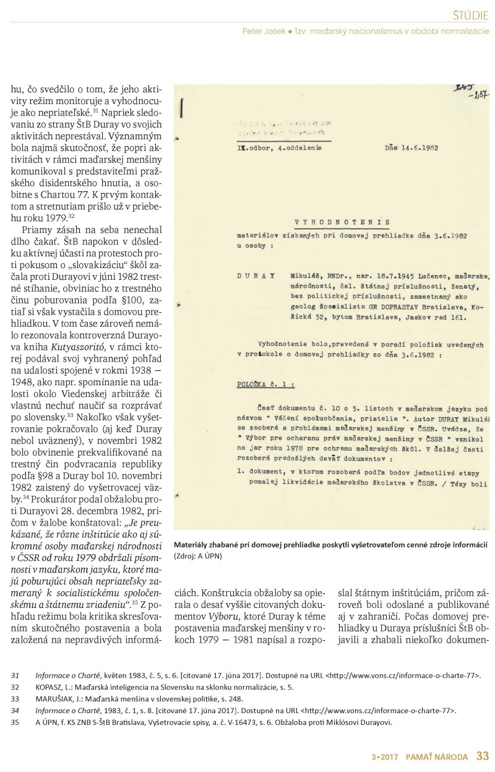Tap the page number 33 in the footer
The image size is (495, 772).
(x=483, y=757)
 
